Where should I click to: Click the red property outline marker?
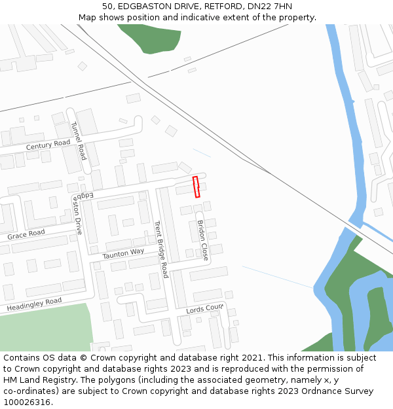(196, 187)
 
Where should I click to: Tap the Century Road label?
(48, 145)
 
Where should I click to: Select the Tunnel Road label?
(78, 141)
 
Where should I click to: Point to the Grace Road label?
(26, 234)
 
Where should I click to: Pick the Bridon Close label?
(202, 241)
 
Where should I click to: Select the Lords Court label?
(205, 309)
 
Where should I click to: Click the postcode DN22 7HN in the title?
(270, 7)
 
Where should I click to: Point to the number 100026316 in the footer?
(27, 402)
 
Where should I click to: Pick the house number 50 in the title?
(108, 7)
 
